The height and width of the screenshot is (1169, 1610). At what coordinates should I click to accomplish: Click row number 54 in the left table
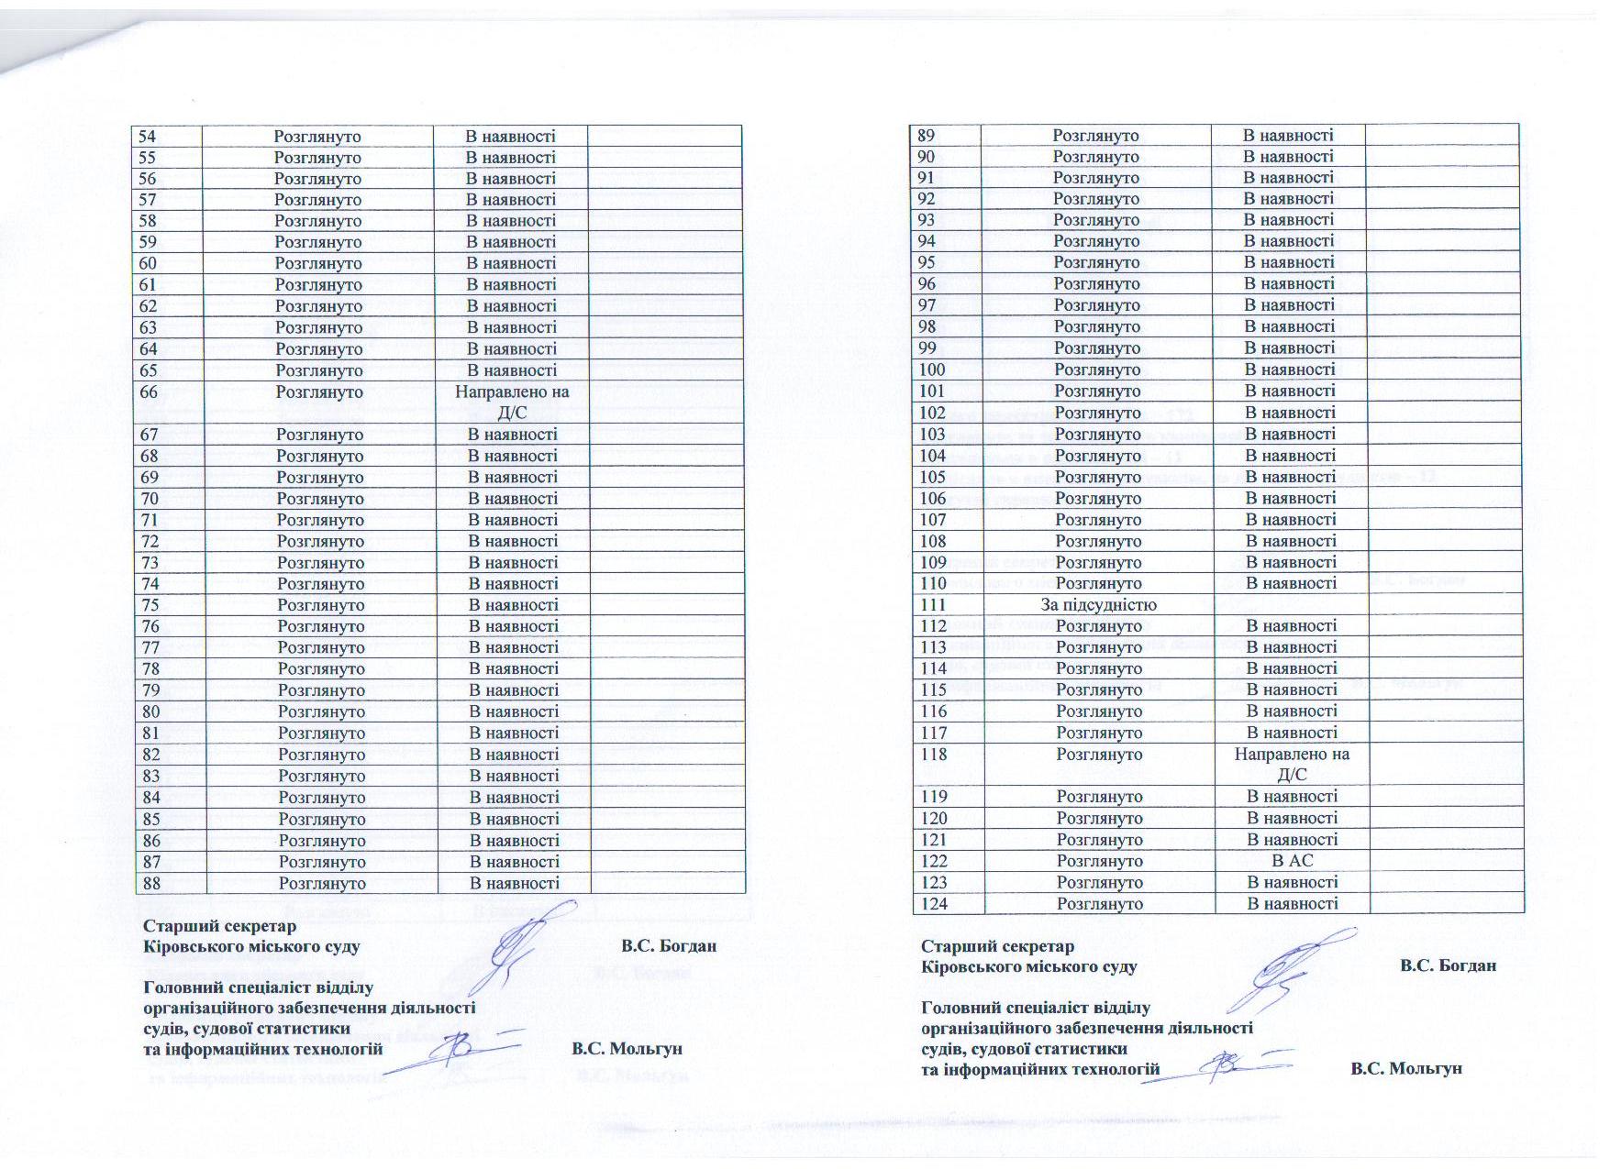click(x=148, y=137)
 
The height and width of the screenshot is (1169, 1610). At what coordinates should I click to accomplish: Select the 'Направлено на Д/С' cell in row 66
click(x=511, y=403)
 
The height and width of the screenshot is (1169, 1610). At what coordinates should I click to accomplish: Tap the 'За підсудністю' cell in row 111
click(x=1098, y=605)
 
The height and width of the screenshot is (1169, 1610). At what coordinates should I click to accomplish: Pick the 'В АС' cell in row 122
click(x=1292, y=861)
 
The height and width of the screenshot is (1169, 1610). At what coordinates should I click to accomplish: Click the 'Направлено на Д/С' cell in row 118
click(x=1292, y=765)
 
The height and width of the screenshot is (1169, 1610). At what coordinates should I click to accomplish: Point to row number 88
click(x=151, y=884)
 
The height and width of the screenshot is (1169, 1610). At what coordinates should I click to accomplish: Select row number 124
click(x=934, y=904)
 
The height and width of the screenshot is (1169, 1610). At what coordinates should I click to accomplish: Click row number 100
click(x=932, y=369)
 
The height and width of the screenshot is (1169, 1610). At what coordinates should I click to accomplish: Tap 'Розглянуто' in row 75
click(x=321, y=605)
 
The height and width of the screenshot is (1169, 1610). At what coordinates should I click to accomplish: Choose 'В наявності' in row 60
click(x=511, y=263)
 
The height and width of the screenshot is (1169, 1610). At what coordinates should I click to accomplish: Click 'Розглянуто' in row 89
click(x=1095, y=136)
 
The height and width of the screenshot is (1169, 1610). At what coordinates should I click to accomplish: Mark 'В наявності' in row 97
click(x=1289, y=305)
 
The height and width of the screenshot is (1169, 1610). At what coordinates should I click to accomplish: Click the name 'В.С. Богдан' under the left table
click(x=668, y=946)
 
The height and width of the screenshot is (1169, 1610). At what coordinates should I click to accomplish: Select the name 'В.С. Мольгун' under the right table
click(x=1406, y=1069)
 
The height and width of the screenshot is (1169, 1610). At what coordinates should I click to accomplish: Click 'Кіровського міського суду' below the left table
click(x=251, y=946)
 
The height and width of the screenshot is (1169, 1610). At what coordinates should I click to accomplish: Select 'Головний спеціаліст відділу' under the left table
click(x=259, y=988)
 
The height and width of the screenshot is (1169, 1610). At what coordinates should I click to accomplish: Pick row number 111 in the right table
click(x=932, y=605)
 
